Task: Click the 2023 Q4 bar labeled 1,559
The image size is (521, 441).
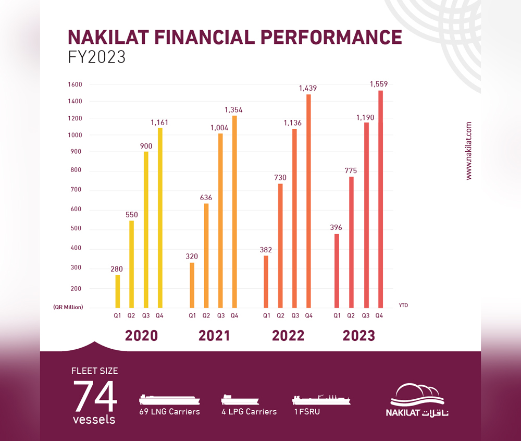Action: (380, 199)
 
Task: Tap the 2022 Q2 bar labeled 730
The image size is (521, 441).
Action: (281, 245)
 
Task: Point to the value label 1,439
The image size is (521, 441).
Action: (307, 89)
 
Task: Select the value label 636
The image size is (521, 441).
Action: (206, 198)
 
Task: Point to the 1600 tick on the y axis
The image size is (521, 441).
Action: (76, 84)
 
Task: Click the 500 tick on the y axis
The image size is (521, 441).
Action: (76, 229)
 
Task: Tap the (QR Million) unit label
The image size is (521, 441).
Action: (68, 307)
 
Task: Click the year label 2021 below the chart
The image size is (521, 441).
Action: (214, 336)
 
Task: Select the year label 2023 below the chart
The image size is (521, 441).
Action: (358, 336)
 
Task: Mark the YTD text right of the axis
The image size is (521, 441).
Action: (404, 305)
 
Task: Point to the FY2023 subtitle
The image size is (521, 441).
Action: (97, 57)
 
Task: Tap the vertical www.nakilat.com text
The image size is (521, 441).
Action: (469, 151)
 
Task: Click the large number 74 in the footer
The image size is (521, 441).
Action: (95, 398)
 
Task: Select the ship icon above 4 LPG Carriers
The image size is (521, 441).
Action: (240, 399)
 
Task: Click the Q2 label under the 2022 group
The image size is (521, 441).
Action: (281, 315)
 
